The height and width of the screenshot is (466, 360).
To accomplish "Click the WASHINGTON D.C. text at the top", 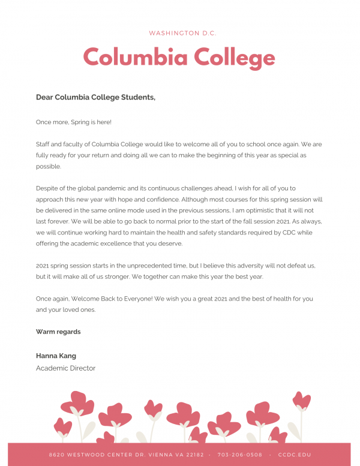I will (x=182, y=33).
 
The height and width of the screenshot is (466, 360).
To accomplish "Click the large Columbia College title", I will (x=179, y=58).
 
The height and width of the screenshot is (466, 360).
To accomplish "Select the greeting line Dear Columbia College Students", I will (x=95, y=97).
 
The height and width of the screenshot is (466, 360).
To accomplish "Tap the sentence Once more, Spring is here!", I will (x=74, y=122).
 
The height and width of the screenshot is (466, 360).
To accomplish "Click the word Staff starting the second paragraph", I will (x=43, y=145).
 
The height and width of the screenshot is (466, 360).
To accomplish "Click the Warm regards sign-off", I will (x=58, y=332).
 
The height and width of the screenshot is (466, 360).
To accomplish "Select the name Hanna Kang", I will (x=56, y=356).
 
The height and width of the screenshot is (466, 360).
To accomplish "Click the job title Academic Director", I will (x=65, y=368).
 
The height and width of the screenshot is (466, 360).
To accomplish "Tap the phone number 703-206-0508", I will (x=240, y=455).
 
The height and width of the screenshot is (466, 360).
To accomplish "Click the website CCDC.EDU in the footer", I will (x=295, y=455).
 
